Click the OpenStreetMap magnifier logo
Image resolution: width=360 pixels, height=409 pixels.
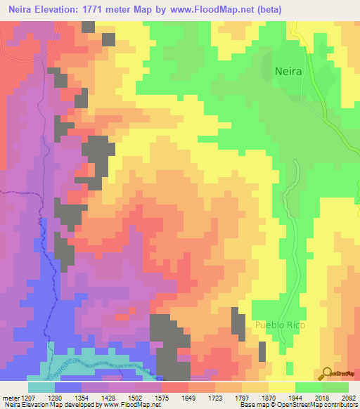tap(327, 373)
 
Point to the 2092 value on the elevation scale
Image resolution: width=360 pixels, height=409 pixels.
tap(349, 397)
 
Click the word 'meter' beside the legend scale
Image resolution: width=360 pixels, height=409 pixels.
tap(9, 397)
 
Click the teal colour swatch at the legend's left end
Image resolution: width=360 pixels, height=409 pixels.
tap(41, 387)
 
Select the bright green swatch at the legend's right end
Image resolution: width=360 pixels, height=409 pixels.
tap(335, 387)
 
